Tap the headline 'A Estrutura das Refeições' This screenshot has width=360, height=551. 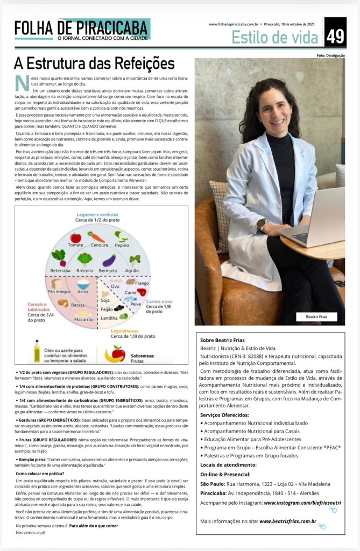[94, 63]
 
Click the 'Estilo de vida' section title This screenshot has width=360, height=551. [276, 37]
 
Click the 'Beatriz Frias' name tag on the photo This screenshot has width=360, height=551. [316, 316]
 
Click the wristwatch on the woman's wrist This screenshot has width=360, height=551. [262, 223]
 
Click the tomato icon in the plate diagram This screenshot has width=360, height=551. [76, 237]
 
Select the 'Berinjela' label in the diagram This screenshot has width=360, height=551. [109, 270]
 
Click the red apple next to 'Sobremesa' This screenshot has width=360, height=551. [118, 353]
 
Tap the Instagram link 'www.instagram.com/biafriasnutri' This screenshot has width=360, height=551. [297, 503]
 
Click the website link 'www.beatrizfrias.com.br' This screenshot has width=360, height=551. [287, 521]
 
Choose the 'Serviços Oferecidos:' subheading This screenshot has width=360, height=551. [224, 415]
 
